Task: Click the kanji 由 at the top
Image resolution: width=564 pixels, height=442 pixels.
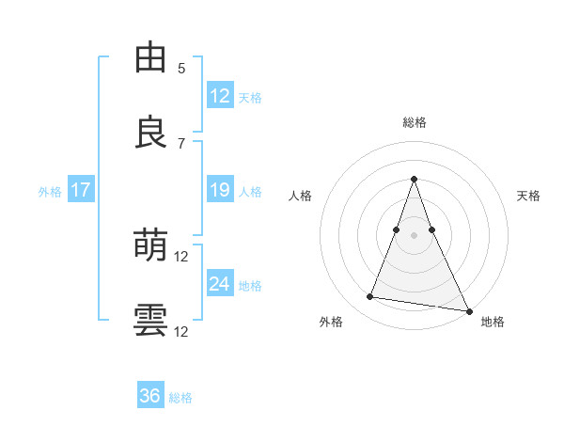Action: pyautogui.click(x=151, y=58)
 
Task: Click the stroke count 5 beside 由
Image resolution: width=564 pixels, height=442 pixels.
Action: pyautogui.click(x=181, y=69)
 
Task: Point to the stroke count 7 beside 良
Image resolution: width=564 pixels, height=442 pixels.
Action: pyautogui.click(x=181, y=143)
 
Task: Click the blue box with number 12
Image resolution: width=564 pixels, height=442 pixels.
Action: pyautogui.click(x=220, y=96)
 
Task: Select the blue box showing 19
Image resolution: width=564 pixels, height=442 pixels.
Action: pyautogui.click(x=220, y=190)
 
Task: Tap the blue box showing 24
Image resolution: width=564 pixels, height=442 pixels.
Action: pyautogui.click(x=220, y=284)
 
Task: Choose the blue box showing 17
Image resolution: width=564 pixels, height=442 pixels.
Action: pyautogui.click(x=81, y=190)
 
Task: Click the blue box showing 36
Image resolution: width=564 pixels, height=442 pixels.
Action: pyautogui.click(x=150, y=396)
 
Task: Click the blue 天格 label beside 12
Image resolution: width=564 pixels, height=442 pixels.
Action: pyautogui.click(x=250, y=97)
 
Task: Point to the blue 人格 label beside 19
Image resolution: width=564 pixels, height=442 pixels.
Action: pyautogui.click(x=250, y=191)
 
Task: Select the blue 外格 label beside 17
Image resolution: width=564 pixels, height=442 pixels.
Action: pyautogui.click(x=50, y=191)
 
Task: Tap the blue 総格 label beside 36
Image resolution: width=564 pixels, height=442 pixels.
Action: pyautogui.click(x=180, y=397)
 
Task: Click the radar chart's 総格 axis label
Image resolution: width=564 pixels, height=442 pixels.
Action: pyautogui.click(x=415, y=122)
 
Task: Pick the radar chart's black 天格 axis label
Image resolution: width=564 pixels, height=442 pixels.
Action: pyautogui.click(x=528, y=196)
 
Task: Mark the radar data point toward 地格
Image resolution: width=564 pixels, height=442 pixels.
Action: pyautogui.click(x=468, y=309)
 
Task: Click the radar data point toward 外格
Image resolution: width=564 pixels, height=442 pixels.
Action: pyautogui.click(x=370, y=297)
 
